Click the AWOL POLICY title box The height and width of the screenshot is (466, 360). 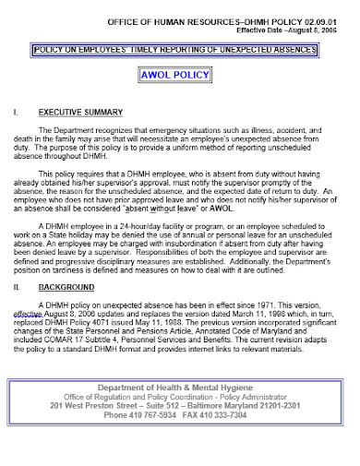tap(180, 76)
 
